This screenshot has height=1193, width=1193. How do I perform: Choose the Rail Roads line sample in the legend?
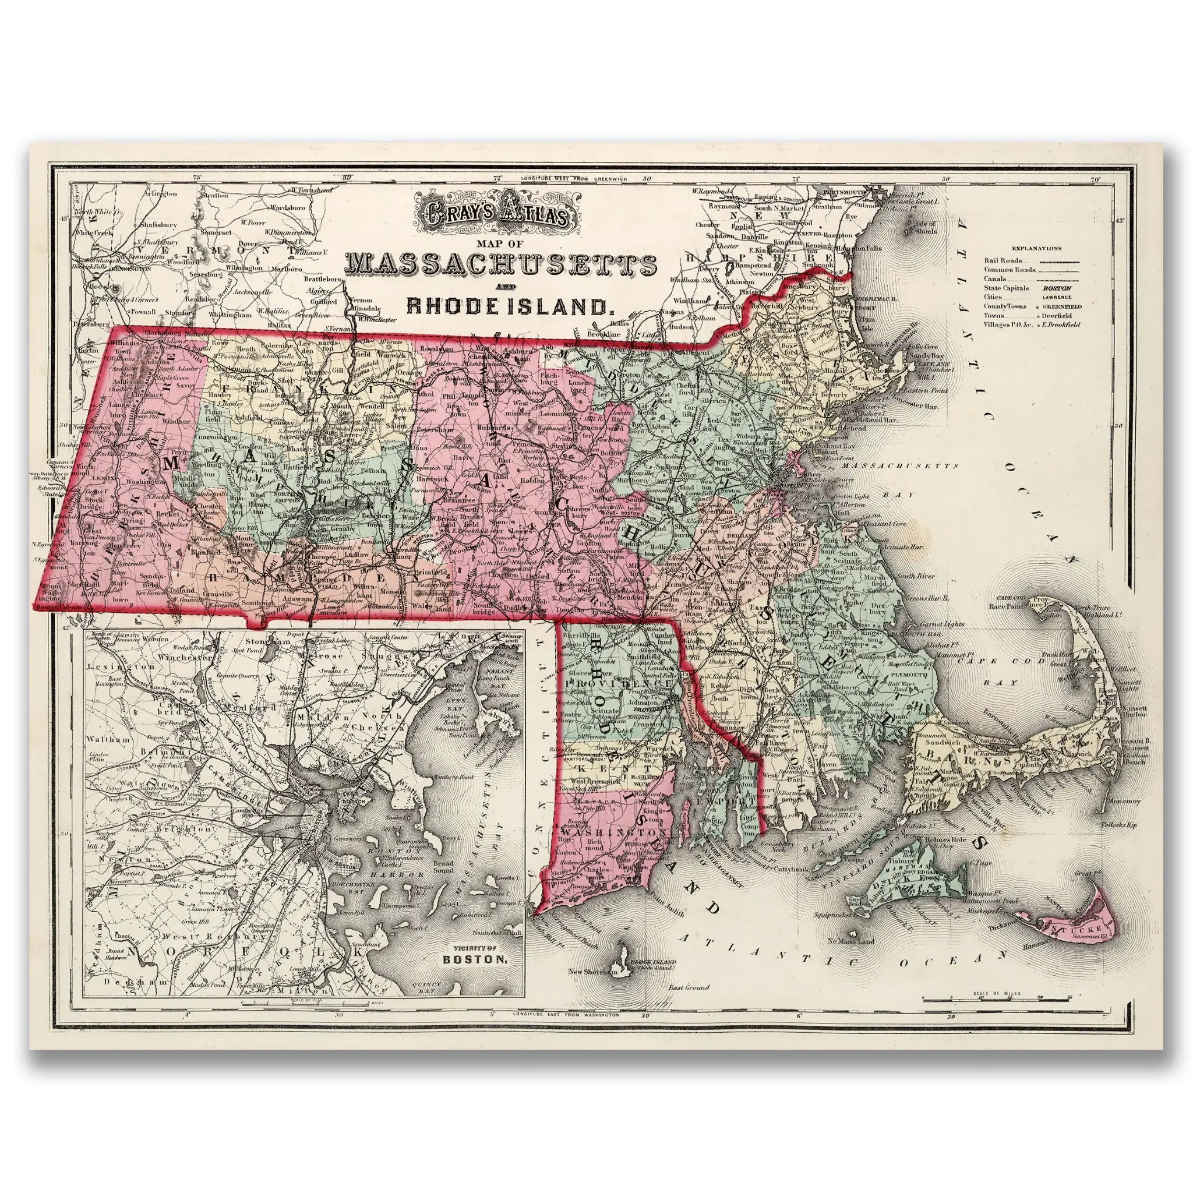pos(1057,261)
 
